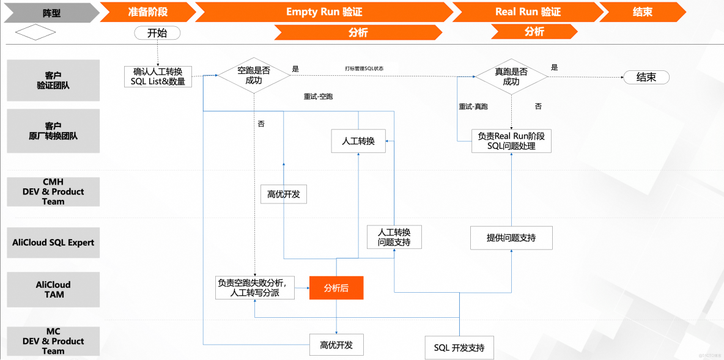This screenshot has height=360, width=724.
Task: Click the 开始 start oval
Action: click(157, 33)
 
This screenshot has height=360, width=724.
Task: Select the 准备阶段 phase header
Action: click(147, 12)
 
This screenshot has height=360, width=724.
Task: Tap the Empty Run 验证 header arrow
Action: click(324, 12)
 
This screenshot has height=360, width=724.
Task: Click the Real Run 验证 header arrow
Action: click(527, 12)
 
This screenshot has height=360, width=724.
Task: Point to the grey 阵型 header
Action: click(51, 12)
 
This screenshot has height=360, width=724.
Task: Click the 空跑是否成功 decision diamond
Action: click(254, 76)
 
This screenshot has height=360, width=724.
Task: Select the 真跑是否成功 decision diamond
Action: click(511, 76)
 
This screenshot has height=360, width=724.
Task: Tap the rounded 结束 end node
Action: click(646, 77)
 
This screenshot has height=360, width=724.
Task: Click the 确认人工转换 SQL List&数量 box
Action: click(158, 76)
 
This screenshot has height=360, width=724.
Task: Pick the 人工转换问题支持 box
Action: click(394, 237)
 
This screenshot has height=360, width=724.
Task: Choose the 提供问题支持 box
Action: click(511, 237)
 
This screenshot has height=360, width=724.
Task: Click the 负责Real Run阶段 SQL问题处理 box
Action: click(511, 141)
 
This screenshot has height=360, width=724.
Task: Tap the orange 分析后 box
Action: click(336, 288)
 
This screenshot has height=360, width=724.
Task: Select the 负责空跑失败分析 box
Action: click(254, 288)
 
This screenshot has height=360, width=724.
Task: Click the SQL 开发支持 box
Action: click(459, 347)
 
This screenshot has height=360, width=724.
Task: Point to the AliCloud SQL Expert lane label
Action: click(53, 243)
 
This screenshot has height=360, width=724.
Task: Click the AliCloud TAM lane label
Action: click(53, 289)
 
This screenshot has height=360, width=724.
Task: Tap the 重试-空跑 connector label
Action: click(318, 97)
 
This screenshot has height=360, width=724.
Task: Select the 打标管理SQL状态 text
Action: click(364, 68)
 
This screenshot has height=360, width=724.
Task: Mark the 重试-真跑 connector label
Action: click(473, 106)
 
